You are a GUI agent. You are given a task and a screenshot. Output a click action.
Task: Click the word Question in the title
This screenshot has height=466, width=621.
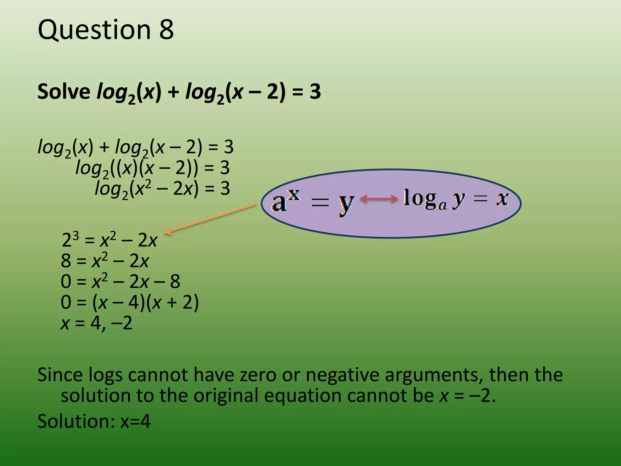tap(94, 30)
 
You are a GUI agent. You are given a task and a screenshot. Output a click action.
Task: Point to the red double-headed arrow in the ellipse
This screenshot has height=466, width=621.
tap(379, 199)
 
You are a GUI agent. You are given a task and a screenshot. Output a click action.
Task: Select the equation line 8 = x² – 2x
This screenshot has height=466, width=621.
tap(105, 261)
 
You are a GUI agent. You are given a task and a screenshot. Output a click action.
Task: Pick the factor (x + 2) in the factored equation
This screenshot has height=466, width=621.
tap(172, 302)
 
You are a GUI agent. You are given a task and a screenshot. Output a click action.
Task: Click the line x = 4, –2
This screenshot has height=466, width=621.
tap(96, 323)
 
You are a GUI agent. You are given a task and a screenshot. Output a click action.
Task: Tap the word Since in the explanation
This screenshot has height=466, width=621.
tap(60, 375)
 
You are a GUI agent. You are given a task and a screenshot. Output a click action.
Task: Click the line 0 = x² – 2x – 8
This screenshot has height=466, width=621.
tap(120, 282)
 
